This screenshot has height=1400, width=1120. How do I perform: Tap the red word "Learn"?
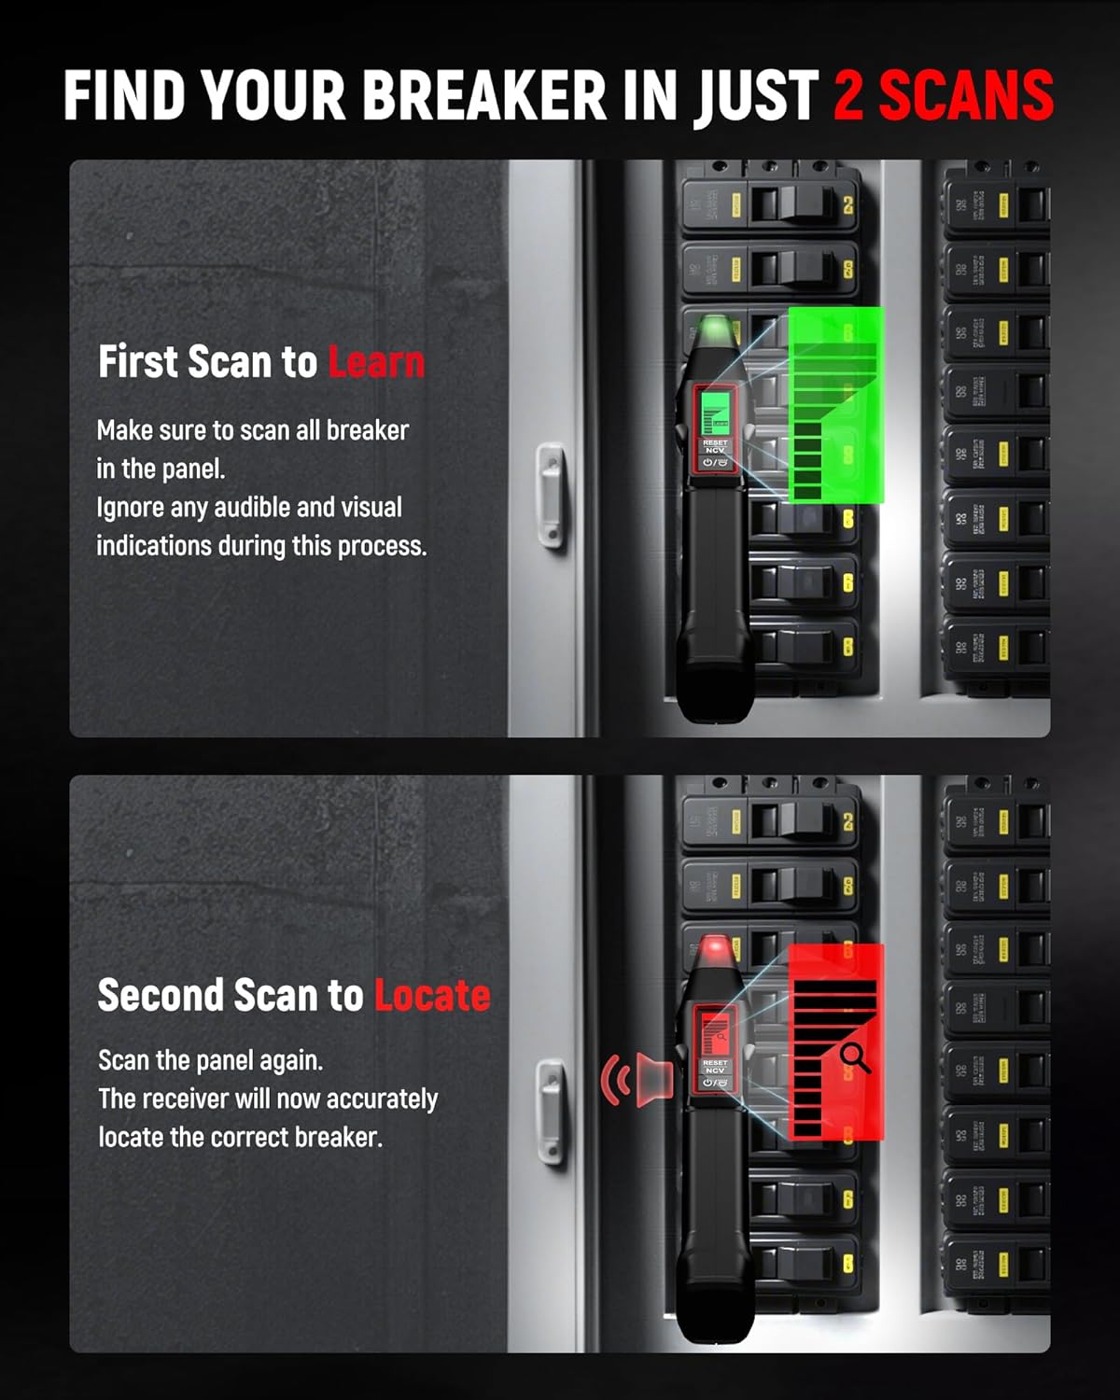coord(376,362)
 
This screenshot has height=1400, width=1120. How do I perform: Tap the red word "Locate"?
coord(432,995)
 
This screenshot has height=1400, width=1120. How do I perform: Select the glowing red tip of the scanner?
coord(715,950)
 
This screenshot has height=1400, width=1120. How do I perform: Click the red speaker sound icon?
coord(639,1081)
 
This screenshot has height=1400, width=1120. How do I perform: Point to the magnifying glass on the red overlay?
coord(854,1057)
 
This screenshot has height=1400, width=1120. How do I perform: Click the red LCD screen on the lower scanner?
coord(715,1032)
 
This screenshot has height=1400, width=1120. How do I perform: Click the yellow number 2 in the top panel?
coord(848,206)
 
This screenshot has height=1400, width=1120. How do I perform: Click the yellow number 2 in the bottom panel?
coord(848,822)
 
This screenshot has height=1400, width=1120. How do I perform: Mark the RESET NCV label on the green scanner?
coord(715,447)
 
